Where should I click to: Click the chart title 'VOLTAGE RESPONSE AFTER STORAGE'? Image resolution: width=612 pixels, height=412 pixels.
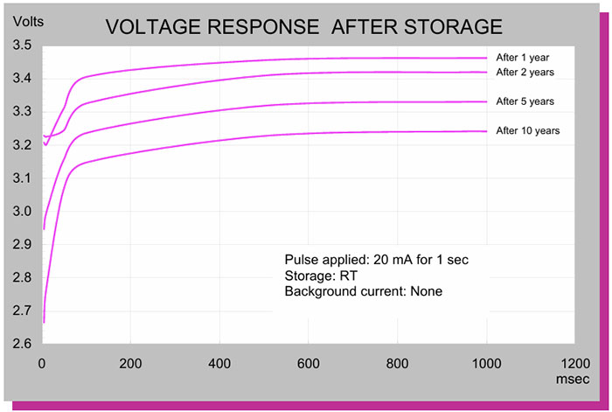point(303,27)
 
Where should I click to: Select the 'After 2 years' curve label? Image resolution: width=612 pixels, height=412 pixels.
point(525,72)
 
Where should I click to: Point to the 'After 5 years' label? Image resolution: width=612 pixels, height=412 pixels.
point(525,101)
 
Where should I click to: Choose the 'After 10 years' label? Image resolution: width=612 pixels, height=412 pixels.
point(527,130)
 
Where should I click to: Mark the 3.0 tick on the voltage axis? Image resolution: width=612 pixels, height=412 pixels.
point(22,212)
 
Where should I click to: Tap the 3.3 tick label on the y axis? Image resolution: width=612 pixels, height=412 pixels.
point(22,112)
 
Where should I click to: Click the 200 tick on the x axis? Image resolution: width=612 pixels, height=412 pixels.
point(130,363)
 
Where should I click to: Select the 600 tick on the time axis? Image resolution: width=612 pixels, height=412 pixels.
point(309,363)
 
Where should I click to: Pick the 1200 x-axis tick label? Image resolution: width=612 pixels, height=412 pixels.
point(574,363)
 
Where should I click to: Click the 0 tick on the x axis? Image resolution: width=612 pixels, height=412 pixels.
point(42,363)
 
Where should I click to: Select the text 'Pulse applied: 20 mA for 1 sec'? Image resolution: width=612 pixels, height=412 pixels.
point(379,261)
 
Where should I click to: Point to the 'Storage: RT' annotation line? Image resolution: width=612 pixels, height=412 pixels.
point(316,276)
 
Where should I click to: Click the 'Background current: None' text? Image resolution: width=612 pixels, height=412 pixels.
point(363,290)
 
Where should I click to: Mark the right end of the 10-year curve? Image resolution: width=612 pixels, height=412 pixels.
point(486,131)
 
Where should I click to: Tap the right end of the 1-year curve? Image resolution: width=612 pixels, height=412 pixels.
point(486,58)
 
